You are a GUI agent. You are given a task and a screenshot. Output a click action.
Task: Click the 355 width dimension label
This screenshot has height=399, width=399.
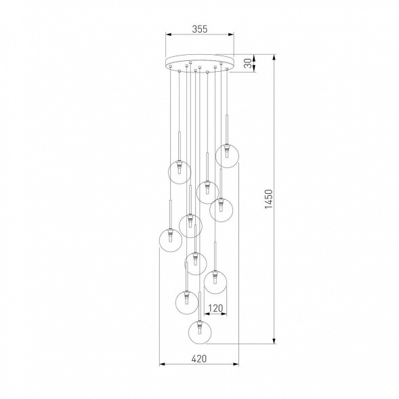199,28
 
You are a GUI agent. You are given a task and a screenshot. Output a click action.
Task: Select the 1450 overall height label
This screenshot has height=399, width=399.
268,201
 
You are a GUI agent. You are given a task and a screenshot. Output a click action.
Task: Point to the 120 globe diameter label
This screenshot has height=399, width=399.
215,309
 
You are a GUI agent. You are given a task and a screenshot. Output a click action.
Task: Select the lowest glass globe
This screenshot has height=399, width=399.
199,332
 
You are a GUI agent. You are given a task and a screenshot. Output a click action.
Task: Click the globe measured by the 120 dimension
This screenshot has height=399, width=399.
215,281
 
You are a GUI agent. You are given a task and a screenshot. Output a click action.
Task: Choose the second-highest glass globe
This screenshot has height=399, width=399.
178,171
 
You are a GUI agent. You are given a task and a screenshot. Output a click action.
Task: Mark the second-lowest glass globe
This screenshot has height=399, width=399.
186,301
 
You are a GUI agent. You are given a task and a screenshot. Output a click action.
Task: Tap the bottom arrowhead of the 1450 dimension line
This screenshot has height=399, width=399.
274,342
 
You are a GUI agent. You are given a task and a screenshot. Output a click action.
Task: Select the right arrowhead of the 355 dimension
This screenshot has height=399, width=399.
231,35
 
